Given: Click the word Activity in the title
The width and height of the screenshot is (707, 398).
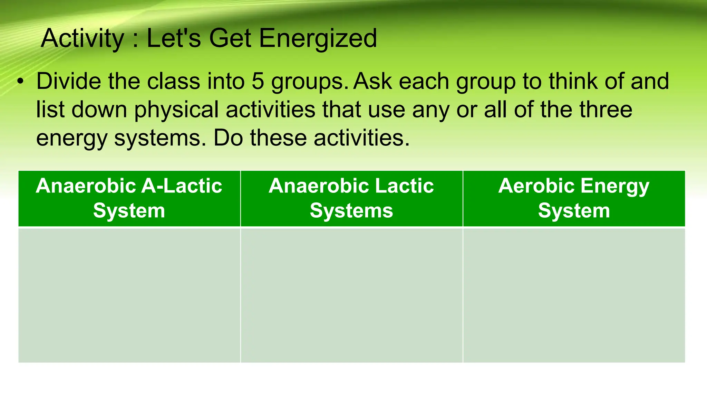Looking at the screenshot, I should [x=82, y=39].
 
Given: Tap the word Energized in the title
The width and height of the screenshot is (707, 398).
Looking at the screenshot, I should [x=318, y=39].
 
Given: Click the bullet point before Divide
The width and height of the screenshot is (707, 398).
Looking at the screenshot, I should [x=21, y=82].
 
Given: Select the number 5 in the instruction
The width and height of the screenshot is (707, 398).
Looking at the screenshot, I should [x=258, y=82].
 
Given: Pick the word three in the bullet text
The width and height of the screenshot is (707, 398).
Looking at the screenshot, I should [x=606, y=110].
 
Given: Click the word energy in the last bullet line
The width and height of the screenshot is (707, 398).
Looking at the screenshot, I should [x=72, y=138].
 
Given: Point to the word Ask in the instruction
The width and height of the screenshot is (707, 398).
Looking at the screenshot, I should [x=373, y=82].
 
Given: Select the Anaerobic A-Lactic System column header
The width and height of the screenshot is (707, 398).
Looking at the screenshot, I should [x=129, y=198].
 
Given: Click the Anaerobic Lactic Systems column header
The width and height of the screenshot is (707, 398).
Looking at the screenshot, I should [x=351, y=198].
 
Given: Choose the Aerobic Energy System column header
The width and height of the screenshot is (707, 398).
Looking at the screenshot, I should [x=574, y=198].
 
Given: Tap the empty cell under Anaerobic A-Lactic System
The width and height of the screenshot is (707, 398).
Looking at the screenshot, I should [x=129, y=295].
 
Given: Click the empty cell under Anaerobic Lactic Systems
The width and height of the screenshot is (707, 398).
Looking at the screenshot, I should [x=351, y=295].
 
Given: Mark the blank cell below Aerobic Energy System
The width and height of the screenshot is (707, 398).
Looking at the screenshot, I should [x=574, y=295].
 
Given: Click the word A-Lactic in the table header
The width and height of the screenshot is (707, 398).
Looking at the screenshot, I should [x=182, y=186].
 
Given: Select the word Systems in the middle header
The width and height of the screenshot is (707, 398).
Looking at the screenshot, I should [x=351, y=211].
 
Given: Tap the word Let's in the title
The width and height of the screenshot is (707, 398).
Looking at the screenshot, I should [x=174, y=39].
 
